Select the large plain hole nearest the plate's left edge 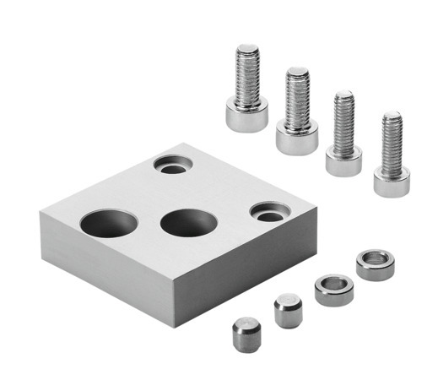click(x=109, y=223)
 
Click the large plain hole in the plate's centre click(x=187, y=223)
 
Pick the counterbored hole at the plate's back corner click(x=173, y=166)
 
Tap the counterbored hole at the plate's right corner click(x=268, y=213)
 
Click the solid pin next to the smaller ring click(x=286, y=310)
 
